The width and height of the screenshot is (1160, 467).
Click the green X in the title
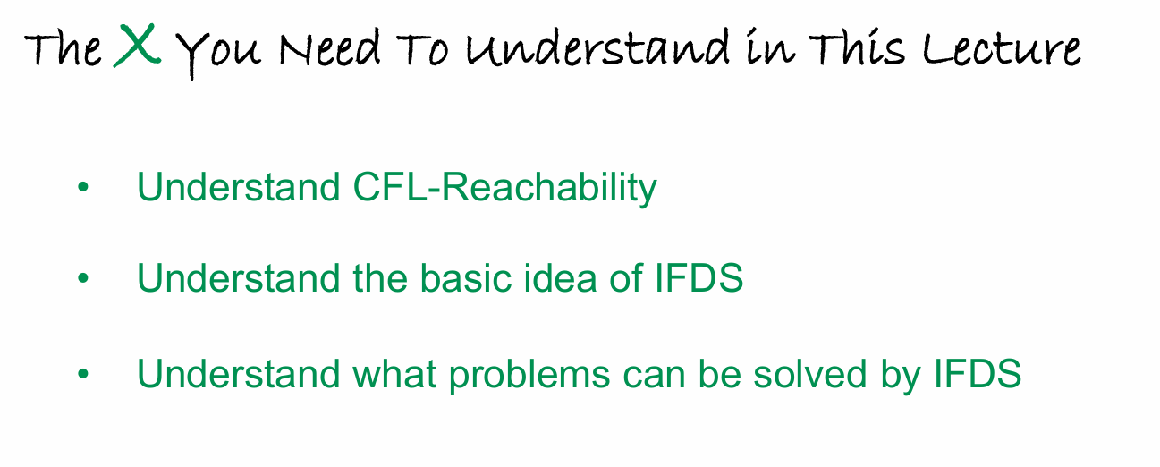[x=137, y=46]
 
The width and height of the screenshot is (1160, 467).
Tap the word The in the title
[x=63, y=48]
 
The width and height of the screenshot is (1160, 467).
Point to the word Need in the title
[x=330, y=48]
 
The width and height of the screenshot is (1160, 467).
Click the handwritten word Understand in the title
[x=597, y=47]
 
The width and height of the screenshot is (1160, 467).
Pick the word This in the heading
[x=857, y=47]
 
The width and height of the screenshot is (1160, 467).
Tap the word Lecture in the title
[x=1002, y=48]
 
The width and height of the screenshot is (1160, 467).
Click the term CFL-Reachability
[x=504, y=187]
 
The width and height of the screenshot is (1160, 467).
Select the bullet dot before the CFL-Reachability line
[x=83, y=187]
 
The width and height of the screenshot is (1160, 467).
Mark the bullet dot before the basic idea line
[x=83, y=278]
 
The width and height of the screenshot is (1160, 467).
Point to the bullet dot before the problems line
[x=83, y=374]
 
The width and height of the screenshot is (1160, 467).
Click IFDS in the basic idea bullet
[x=699, y=278]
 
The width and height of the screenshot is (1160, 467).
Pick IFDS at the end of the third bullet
[x=978, y=373]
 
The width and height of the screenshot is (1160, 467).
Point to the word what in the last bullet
[x=394, y=374]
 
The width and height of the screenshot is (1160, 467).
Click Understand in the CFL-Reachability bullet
[x=238, y=187]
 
